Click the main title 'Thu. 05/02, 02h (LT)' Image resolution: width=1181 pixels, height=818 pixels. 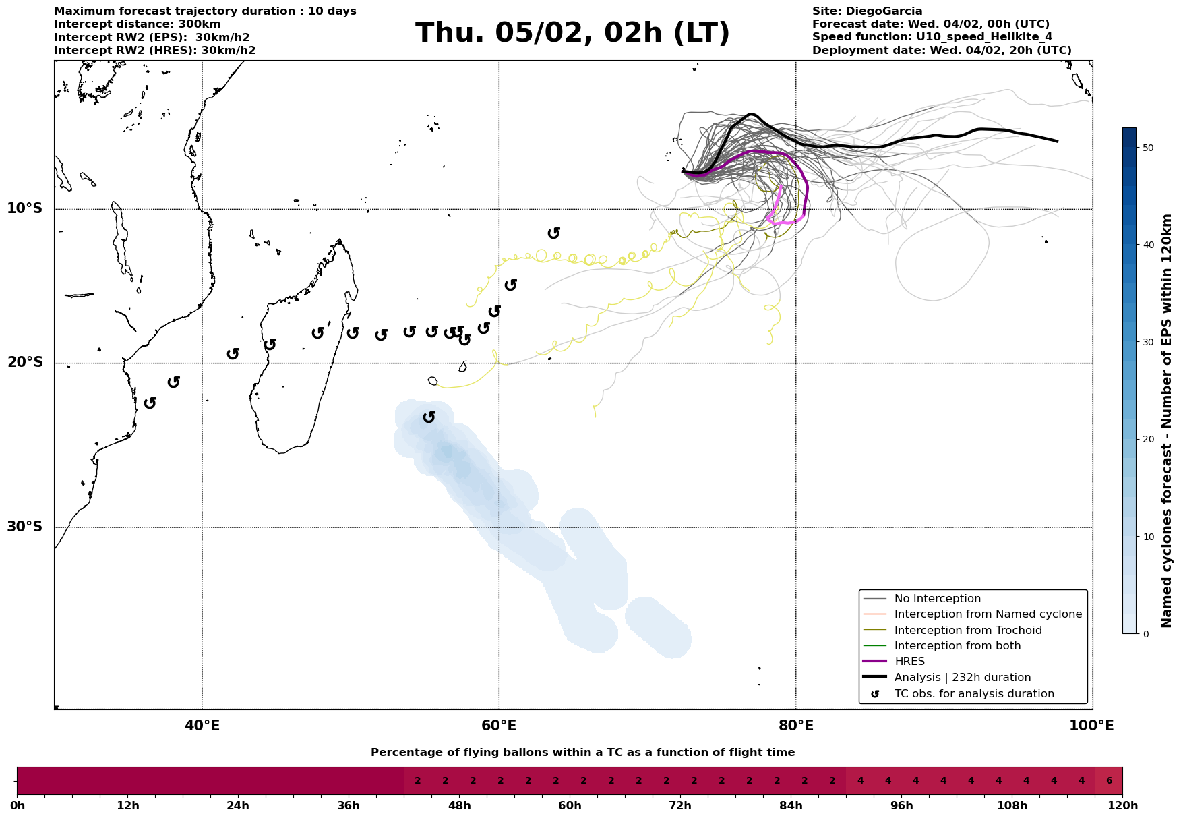572,33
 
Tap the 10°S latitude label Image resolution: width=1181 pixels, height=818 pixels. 25,208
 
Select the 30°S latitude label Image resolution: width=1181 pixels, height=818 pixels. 25,527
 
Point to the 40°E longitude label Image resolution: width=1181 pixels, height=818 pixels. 202,726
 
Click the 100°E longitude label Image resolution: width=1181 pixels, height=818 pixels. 1091,726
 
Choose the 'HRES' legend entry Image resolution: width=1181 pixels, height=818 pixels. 909,662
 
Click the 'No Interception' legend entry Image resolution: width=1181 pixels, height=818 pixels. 937,599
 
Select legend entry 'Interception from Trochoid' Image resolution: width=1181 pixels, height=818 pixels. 967,631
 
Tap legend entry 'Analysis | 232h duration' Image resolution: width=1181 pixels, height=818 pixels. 962,677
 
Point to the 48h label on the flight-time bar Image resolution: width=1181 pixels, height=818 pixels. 459,806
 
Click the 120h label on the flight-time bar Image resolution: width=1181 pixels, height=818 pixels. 1122,806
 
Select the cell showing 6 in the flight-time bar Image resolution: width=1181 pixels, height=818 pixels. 1109,781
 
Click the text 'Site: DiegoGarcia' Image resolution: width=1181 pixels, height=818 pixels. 867,11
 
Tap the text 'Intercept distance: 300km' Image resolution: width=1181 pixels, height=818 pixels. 137,24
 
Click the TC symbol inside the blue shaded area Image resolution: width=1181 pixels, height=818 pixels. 429,417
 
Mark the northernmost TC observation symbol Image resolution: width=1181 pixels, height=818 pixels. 553,233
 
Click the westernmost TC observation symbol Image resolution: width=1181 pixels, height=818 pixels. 150,403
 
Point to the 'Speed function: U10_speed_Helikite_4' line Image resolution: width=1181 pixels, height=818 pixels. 932,37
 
